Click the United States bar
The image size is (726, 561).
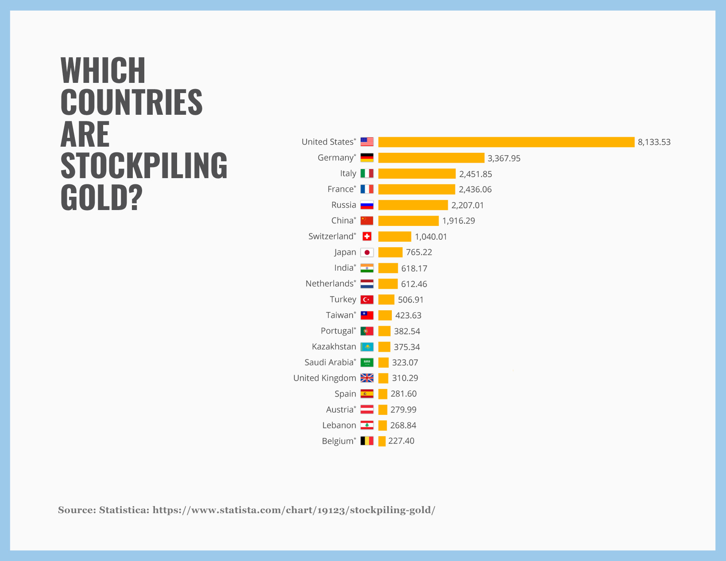506,142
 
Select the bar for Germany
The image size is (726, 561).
431,158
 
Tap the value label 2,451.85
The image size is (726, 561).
475,174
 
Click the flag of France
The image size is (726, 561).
367,189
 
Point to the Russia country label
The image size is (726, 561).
344,205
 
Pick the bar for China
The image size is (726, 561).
408,221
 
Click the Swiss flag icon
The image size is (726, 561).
367,236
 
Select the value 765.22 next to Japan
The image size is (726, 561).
419,252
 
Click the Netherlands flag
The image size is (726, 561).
367,284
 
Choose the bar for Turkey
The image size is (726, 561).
386,300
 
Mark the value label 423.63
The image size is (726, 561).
408,316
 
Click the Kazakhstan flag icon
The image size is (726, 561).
367,347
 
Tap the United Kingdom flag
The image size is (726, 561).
367,378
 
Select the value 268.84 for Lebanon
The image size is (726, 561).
403,425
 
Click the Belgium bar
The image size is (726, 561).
382,441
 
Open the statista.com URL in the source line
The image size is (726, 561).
293,510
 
